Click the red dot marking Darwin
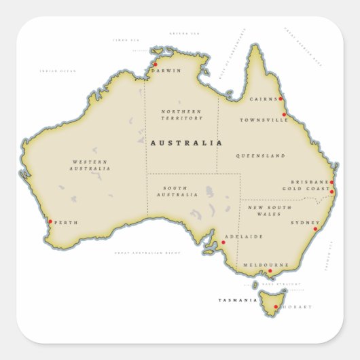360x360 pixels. coord(155,65)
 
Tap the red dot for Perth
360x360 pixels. coord(50,221)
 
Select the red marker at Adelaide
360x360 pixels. coord(223,242)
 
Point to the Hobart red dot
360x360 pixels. coord(276,307)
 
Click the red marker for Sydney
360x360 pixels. coord(315,229)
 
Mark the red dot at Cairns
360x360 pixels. coord(280,98)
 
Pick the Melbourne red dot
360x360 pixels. coord(270,271)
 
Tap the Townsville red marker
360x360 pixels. coord(284,115)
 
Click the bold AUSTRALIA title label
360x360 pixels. coord(185,143)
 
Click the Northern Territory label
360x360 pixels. coord(181,115)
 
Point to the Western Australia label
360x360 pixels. coord(90,165)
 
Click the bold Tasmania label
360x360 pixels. coord(238,300)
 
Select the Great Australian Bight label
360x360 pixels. coord(147,253)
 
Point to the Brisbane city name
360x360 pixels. coord(309,182)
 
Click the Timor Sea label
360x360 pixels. coord(126,40)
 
